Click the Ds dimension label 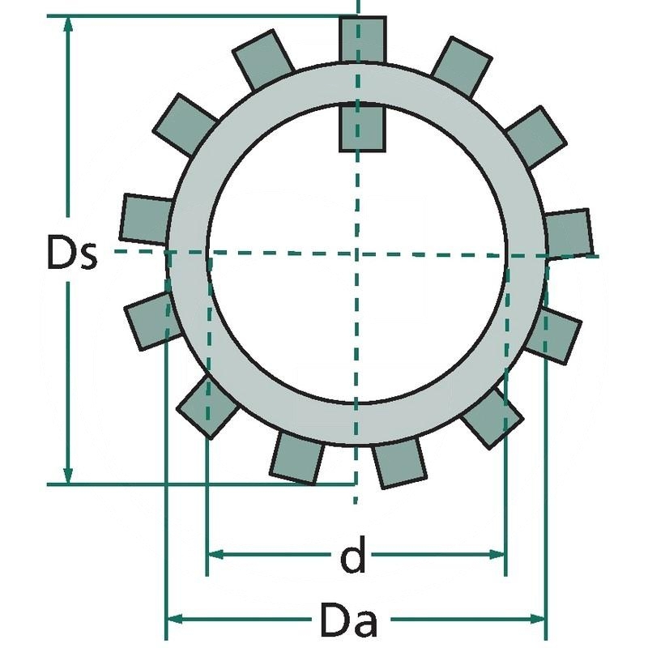point(71,254)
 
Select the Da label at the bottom point(347,621)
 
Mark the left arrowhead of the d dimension point(215,556)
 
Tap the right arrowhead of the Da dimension point(540,620)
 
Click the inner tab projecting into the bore point(361,127)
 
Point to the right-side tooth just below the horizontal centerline point(558,333)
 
